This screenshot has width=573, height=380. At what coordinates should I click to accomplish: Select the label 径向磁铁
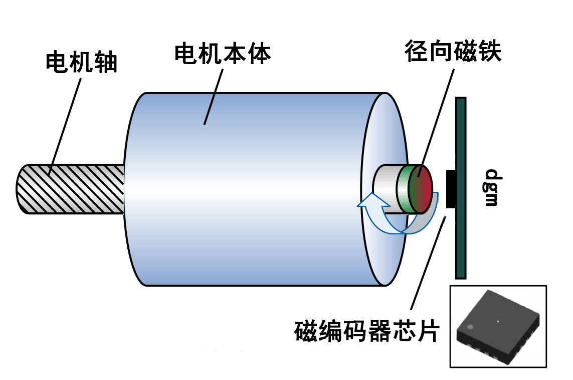point(454,52)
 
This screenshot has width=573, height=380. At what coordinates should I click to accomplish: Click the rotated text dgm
point(492,188)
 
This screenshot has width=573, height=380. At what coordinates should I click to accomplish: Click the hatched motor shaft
point(70,189)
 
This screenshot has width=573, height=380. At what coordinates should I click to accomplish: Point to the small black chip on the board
point(450,189)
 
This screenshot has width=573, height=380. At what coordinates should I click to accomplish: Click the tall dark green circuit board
point(461,241)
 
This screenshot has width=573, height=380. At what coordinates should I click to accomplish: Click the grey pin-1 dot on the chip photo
point(470,326)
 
